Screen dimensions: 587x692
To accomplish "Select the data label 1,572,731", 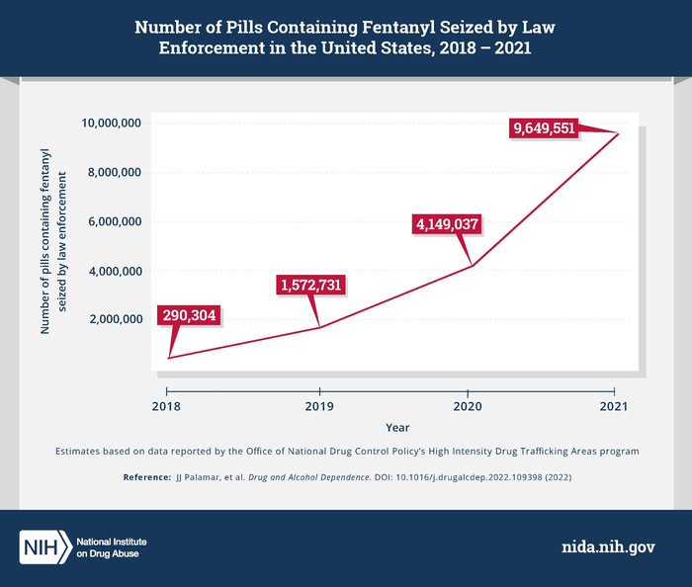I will point(312,286).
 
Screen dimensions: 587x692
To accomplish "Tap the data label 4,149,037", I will point(447,224).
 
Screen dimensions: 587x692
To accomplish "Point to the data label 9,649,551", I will point(544,127).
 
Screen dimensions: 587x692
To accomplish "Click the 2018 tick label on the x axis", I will point(167,406).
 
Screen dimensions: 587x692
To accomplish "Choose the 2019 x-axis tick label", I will point(318,406).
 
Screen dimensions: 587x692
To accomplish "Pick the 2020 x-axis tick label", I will point(468,406).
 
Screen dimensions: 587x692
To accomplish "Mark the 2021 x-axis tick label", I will point(615,406).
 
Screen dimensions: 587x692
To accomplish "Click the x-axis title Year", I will point(394,428).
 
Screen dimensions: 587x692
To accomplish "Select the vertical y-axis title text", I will point(54,251).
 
